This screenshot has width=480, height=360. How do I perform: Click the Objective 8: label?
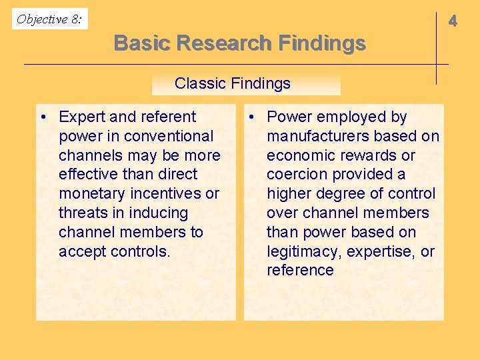(49, 19)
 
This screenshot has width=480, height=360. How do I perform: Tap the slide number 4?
(453, 21)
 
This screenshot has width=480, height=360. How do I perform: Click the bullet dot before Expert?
(42, 117)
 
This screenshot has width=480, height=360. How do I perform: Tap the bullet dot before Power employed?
(250, 117)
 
